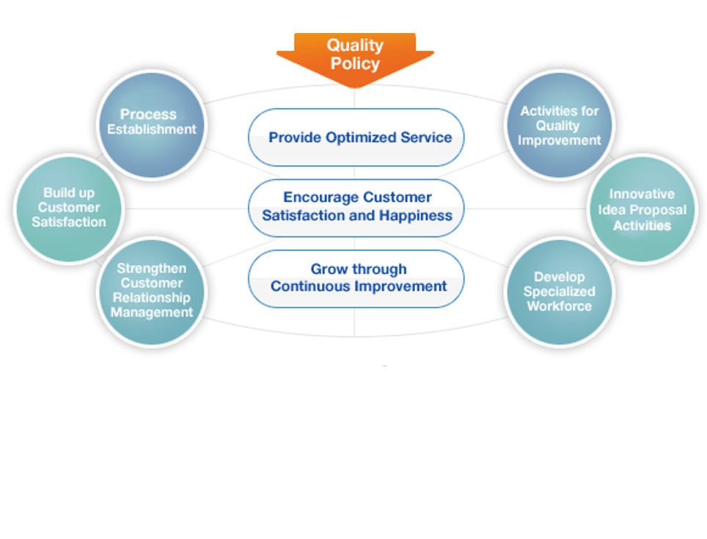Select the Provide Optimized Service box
[356, 137]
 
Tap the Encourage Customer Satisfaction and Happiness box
[356, 207]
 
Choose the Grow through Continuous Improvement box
[356, 278]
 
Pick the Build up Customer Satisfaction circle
[69, 208]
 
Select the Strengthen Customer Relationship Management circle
[152, 291]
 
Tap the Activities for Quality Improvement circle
[560, 125]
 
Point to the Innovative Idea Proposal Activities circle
[642, 209]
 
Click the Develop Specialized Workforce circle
[560, 292]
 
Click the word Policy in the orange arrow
[355, 64]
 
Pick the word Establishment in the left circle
[152, 129]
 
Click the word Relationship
[152, 298]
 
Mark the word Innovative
[642, 195]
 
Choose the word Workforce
[560, 306]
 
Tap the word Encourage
[321, 198]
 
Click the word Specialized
[560, 292]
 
